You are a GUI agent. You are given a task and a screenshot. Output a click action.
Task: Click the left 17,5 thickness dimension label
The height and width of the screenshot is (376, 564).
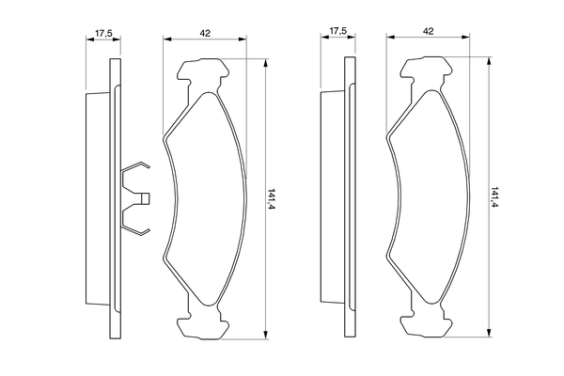click(x=103, y=34)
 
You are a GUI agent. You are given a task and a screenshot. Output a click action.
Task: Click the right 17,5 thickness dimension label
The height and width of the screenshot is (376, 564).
click(x=338, y=31)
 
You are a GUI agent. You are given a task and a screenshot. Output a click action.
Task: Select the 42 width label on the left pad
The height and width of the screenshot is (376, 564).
click(x=205, y=34)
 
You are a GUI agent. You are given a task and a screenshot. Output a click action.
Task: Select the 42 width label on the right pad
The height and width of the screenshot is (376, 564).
click(x=428, y=31)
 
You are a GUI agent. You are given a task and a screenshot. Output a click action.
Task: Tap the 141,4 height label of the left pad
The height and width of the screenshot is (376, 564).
click(x=272, y=199)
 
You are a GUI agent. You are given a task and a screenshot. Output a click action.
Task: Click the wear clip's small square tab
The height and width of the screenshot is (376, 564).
click(x=145, y=198)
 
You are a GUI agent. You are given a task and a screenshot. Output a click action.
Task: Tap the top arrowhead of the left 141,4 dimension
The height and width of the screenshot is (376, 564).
click(x=265, y=63)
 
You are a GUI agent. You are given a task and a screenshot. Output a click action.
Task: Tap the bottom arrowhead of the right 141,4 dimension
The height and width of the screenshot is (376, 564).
click(x=489, y=333)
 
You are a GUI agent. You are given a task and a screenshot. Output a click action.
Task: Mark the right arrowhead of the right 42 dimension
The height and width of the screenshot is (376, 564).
click(x=465, y=37)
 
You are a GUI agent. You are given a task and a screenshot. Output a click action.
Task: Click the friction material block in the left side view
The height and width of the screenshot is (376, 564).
click(x=98, y=198)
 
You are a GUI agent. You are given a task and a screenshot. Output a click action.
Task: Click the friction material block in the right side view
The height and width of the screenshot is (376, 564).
click(x=332, y=196)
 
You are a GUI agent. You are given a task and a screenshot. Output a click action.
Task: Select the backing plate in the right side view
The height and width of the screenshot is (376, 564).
click(x=350, y=196)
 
